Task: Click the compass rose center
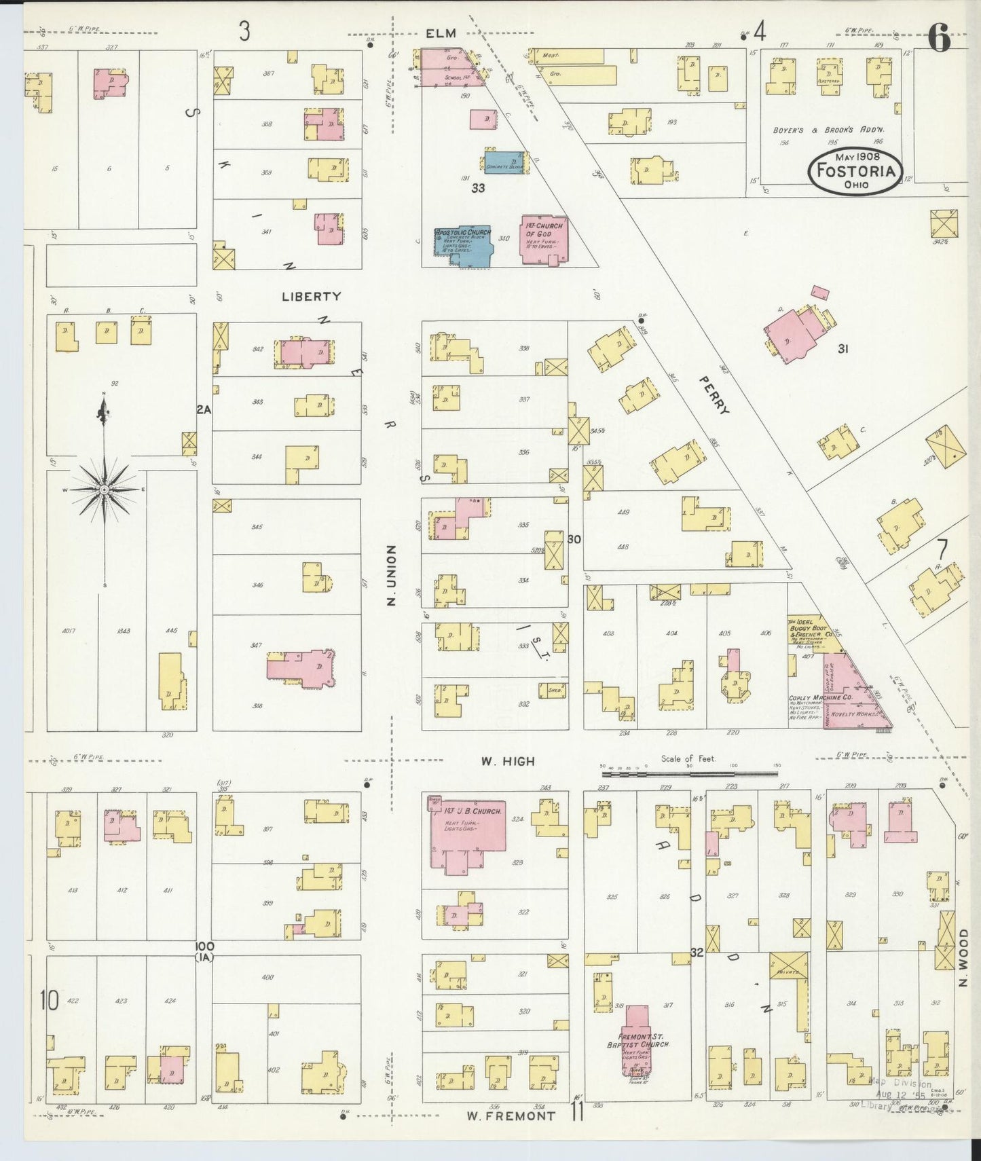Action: [104, 490]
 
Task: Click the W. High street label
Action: [508, 762]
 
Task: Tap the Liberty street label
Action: [312, 296]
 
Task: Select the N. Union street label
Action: [391, 574]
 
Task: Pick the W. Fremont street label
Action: [511, 1115]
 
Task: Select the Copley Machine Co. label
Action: [820, 697]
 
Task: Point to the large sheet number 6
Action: [939, 38]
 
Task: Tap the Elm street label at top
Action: [441, 33]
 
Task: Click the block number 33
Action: [478, 188]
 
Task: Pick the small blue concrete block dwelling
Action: [504, 162]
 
